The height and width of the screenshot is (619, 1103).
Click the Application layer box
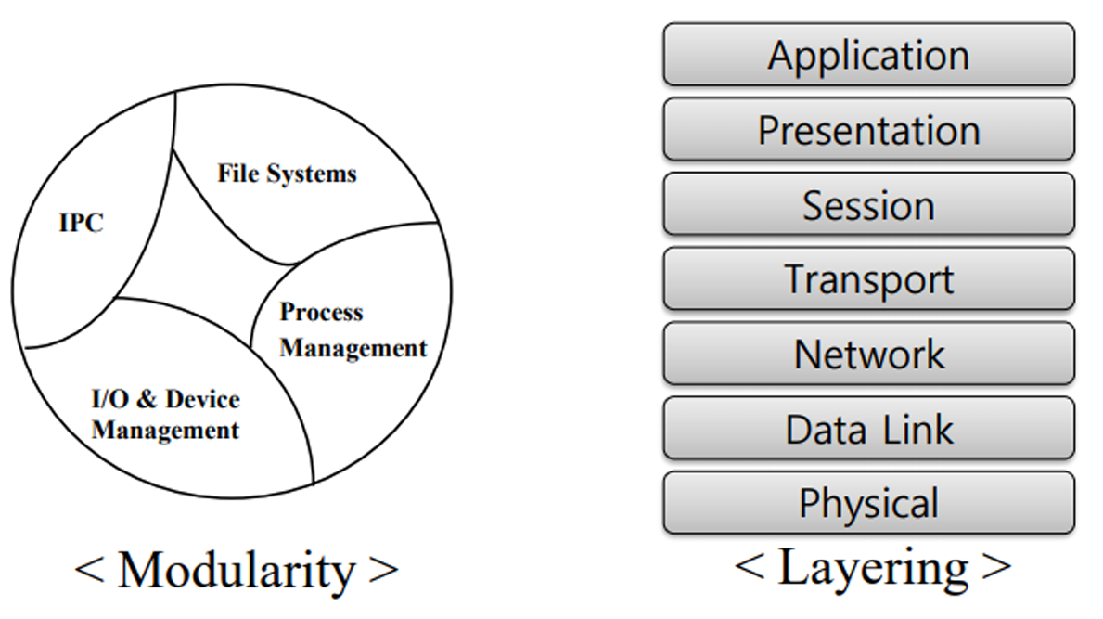click(x=868, y=55)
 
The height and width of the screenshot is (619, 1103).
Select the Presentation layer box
click(x=868, y=130)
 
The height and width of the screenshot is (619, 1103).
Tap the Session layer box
click(x=868, y=204)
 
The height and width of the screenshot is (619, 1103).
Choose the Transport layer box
click(x=868, y=278)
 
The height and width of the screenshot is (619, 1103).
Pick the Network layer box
click(x=868, y=354)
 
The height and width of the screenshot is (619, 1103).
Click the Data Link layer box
click(x=868, y=429)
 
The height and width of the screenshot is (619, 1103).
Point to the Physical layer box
click(x=868, y=503)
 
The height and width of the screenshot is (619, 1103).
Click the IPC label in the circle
click(x=82, y=224)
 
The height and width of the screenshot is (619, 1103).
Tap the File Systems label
click(x=287, y=174)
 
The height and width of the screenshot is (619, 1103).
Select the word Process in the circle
click(x=321, y=313)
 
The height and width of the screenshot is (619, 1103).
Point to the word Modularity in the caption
click(x=237, y=570)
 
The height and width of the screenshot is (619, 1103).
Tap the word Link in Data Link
click(x=918, y=429)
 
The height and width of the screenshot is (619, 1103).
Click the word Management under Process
click(x=353, y=348)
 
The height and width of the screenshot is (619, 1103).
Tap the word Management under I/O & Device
click(x=165, y=431)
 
